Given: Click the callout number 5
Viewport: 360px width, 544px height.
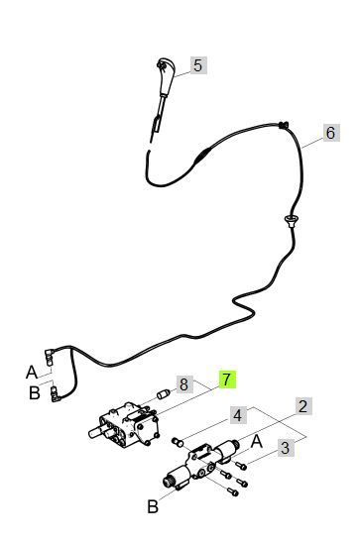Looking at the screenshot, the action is [198, 65].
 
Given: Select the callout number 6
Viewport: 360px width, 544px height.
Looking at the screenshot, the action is [331, 133].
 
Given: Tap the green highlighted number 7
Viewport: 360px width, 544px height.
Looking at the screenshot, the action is [227, 380].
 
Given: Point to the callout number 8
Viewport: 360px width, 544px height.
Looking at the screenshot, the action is [184, 384].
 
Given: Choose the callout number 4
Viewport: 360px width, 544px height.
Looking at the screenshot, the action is [238, 415].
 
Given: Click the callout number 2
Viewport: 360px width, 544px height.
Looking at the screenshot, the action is [303, 406].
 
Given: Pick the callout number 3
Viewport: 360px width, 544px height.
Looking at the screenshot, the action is [286, 448].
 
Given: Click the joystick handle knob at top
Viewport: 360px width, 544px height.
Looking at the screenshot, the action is [165, 74].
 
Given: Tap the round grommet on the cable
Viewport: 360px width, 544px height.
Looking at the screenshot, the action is [292, 220].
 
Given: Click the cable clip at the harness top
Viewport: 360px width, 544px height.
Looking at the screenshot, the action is [284, 125].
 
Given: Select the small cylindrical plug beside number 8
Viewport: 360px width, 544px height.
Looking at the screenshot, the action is [164, 394].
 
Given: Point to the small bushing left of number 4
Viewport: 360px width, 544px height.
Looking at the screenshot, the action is [178, 442].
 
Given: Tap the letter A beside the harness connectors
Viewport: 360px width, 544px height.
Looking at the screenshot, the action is [32, 373].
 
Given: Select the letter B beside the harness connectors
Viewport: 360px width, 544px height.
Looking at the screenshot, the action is [34, 393].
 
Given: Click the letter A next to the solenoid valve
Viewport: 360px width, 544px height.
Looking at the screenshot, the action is [257, 442].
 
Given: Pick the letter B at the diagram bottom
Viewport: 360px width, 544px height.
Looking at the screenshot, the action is [153, 506].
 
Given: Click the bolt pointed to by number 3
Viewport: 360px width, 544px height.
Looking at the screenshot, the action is [241, 466].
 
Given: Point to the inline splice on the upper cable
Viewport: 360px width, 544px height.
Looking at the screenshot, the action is [202, 156].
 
